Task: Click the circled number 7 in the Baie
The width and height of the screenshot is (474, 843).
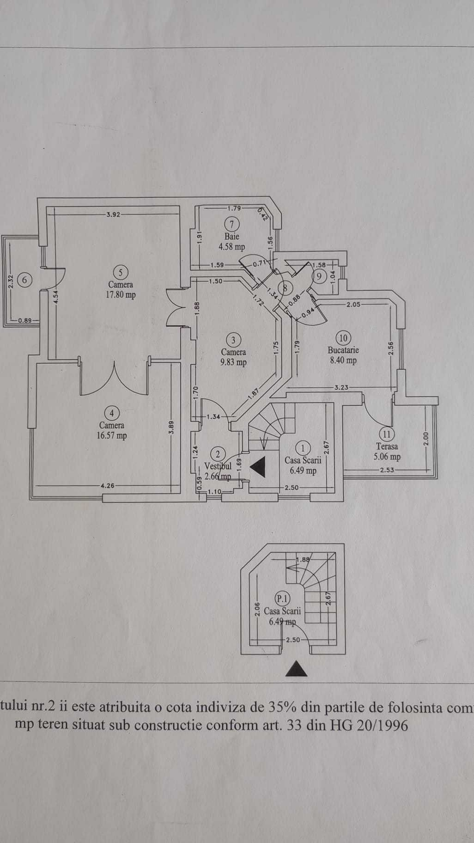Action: pos(232,224)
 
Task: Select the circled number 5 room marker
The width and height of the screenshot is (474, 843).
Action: pos(121,272)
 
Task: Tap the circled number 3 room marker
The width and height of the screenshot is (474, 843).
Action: pos(233,340)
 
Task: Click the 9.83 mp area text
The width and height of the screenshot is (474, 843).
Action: pos(233,363)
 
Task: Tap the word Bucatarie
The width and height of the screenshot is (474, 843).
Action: pos(343,350)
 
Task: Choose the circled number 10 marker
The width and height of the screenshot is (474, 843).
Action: pos(343,338)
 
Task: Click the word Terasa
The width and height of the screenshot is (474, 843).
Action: pos(387,446)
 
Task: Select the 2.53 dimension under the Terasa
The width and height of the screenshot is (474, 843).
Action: pos(386,470)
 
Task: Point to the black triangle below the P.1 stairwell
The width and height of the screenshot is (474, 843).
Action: pos(297,669)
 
